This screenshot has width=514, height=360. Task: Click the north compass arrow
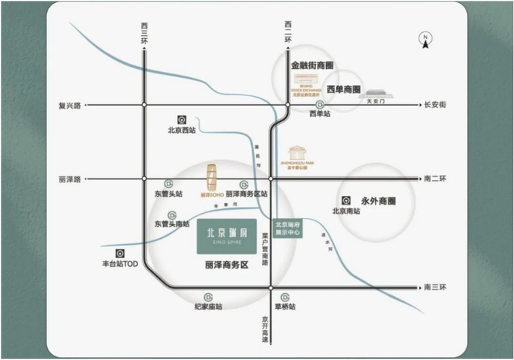425,40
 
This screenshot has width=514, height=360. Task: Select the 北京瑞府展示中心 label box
286,228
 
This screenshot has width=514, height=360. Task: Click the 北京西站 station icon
182,120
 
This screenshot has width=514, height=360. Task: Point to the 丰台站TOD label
120,263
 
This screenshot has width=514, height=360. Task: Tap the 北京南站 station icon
345,200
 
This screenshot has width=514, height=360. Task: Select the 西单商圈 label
343,90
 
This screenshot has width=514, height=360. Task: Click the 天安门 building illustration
376,92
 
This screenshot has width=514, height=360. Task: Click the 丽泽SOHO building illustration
211,177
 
